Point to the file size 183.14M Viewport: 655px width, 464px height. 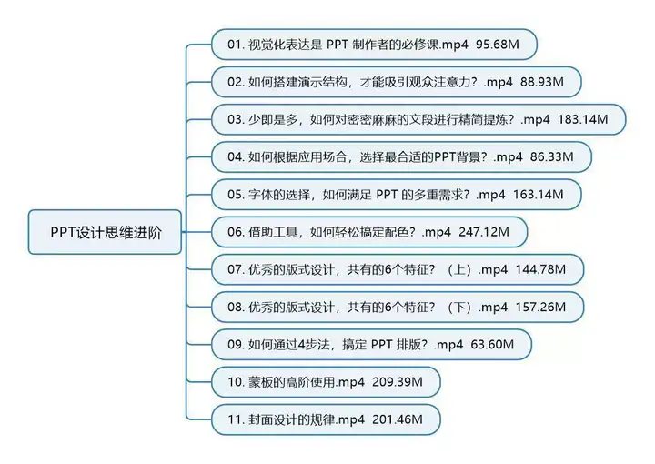589,119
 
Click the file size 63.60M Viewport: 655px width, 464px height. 493,345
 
